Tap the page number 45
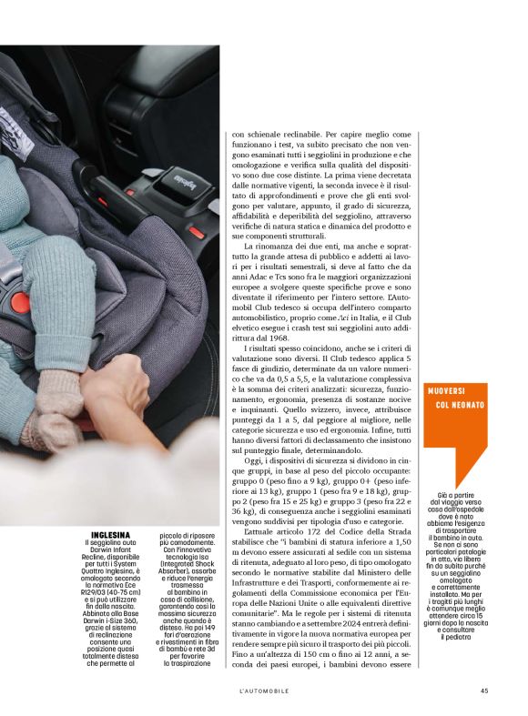[x=485, y=690]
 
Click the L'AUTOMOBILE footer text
[x=264, y=690]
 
